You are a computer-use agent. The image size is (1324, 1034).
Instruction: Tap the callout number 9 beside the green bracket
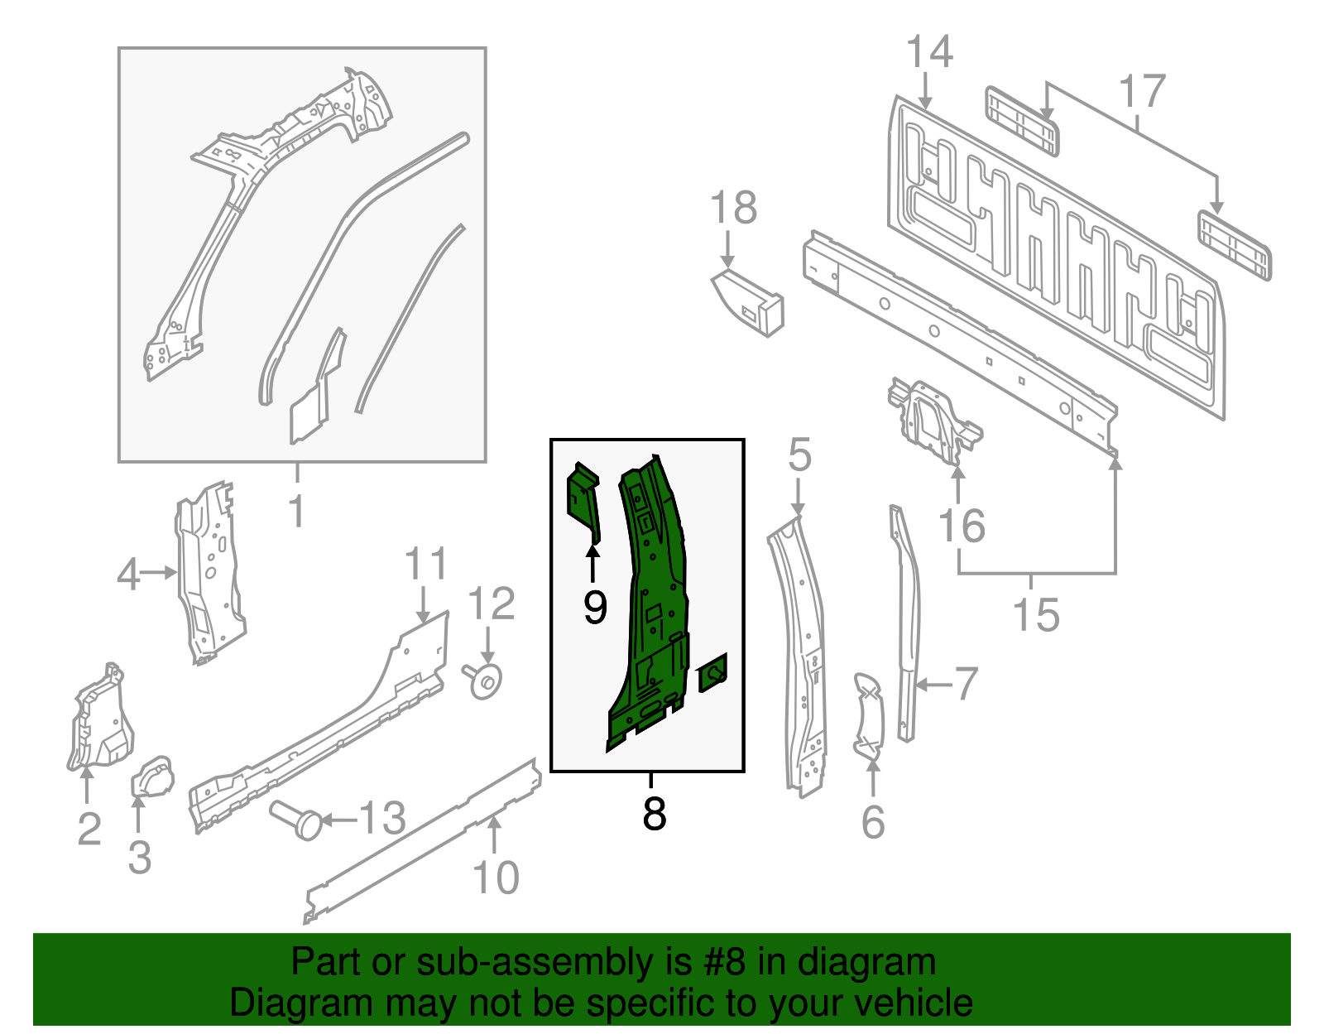point(595,608)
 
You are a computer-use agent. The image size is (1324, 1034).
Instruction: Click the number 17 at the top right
point(1142,91)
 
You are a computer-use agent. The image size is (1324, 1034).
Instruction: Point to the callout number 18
point(733,208)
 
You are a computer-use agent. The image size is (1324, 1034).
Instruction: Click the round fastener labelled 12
point(486,680)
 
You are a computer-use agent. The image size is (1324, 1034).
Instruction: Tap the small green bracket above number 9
point(583,500)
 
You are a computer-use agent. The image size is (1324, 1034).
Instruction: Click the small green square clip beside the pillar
point(713,672)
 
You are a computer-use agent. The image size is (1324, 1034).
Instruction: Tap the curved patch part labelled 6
point(869,716)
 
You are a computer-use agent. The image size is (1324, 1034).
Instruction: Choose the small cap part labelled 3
point(153,777)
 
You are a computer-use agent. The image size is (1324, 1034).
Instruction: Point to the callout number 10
point(496,878)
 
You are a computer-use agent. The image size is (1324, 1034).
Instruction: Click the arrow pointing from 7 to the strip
point(933,685)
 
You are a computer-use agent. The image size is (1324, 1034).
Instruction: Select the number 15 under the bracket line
point(1036,615)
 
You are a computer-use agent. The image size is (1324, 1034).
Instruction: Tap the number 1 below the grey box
point(296,512)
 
